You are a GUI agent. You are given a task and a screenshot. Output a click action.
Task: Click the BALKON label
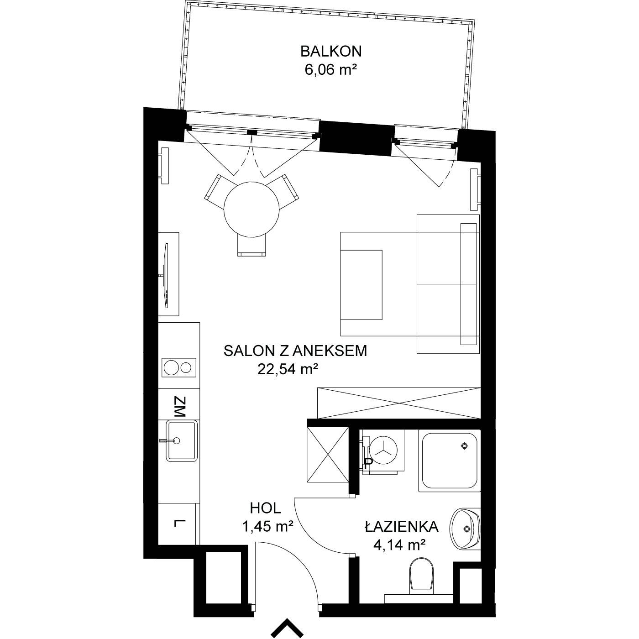point(330,52)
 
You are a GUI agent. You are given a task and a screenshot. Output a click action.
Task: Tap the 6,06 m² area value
point(330,70)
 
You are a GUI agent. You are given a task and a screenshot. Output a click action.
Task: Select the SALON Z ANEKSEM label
point(295,351)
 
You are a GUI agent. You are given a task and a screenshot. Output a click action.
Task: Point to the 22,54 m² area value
point(286,369)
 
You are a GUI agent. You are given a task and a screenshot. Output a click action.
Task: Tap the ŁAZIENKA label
point(402,527)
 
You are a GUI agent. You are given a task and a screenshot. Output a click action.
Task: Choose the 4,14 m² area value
point(399,545)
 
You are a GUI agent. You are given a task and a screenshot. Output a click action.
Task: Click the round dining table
point(251,209)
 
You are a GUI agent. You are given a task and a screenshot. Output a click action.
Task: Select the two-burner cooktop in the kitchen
point(179,367)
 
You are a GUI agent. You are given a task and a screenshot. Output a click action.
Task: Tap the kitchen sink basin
point(181,441)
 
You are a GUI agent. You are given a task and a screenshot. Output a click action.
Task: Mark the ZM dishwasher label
point(179,407)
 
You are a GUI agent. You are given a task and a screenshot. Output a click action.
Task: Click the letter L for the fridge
point(179,523)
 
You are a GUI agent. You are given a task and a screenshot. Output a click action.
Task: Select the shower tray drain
point(465,446)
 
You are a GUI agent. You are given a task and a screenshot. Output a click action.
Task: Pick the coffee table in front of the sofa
point(361,285)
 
